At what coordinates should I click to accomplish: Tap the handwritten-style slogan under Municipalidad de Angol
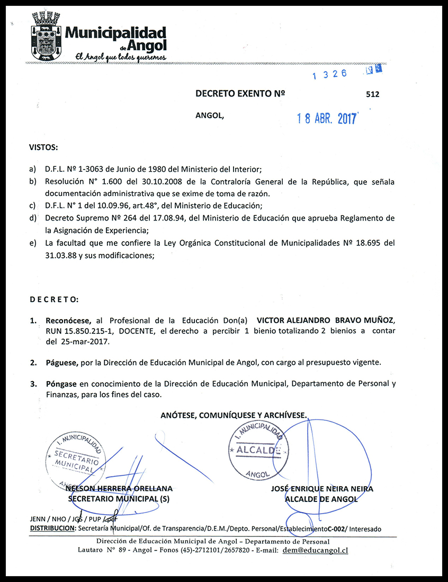tap(121, 57)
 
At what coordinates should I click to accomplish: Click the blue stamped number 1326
tap(329, 75)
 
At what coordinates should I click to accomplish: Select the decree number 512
tap(372, 94)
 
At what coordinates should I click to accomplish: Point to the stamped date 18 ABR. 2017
tap(327, 118)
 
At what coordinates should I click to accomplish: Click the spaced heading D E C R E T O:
tap(53, 299)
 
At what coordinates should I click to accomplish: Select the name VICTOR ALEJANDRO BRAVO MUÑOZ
tap(326, 321)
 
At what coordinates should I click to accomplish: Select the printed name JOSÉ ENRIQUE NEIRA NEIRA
tap(322, 489)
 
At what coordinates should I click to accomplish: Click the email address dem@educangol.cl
tap(315, 550)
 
